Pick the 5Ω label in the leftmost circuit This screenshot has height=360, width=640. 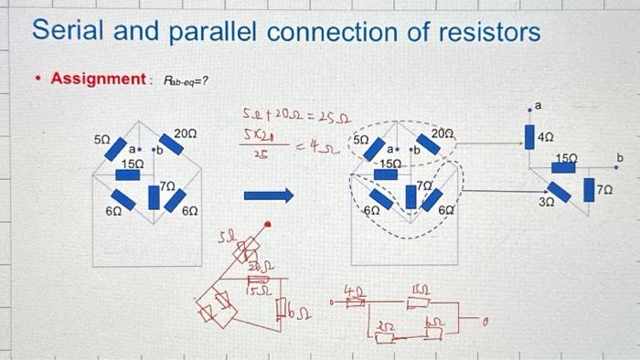pos(102,140)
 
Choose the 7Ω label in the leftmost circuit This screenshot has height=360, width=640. pos(166,186)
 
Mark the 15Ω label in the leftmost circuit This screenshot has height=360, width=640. pos(133,162)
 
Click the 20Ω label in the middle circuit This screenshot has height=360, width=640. pos(443,134)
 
